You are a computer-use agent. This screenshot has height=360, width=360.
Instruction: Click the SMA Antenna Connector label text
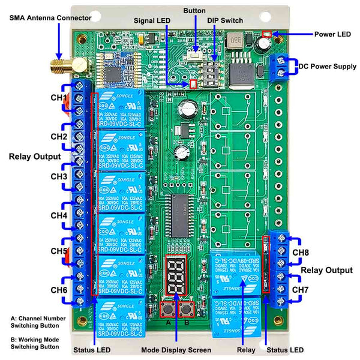(50, 17)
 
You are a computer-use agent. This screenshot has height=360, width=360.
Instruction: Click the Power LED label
(332, 34)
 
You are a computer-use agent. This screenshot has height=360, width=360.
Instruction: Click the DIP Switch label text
(225, 20)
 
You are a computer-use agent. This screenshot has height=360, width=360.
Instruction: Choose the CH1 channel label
(59, 97)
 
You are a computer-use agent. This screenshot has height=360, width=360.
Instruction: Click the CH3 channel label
(59, 176)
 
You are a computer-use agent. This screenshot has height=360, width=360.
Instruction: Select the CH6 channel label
(59, 290)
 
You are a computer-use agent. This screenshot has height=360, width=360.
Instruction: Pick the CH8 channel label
(301, 252)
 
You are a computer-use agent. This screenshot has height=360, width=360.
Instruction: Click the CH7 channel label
(301, 290)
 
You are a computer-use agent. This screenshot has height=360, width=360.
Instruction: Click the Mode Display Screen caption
(176, 350)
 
